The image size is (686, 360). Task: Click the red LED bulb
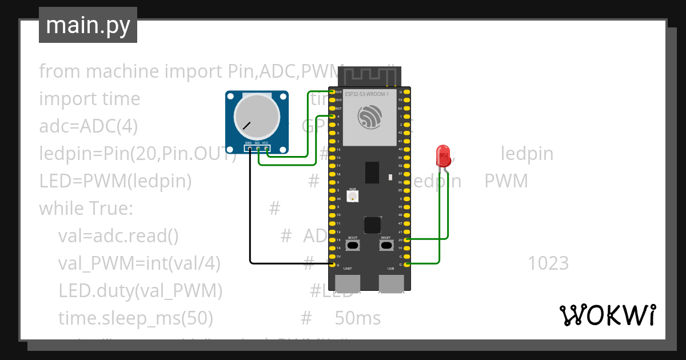click(443, 155)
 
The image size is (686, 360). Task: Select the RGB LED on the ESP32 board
click(353, 196)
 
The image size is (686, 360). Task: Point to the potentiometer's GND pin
click(249, 149)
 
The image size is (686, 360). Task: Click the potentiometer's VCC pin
click(266, 149)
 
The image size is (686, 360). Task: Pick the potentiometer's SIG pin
click(258, 149)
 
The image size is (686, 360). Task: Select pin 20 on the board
click(408, 240)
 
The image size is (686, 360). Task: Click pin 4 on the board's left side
click(332, 117)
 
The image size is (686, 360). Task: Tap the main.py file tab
click(88, 25)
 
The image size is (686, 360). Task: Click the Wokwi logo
click(607, 315)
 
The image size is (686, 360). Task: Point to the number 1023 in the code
click(548, 263)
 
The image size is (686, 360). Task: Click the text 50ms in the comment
click(357, 318)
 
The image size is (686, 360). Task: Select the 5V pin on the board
click(332, 257)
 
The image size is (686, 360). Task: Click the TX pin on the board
click(408, 100)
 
